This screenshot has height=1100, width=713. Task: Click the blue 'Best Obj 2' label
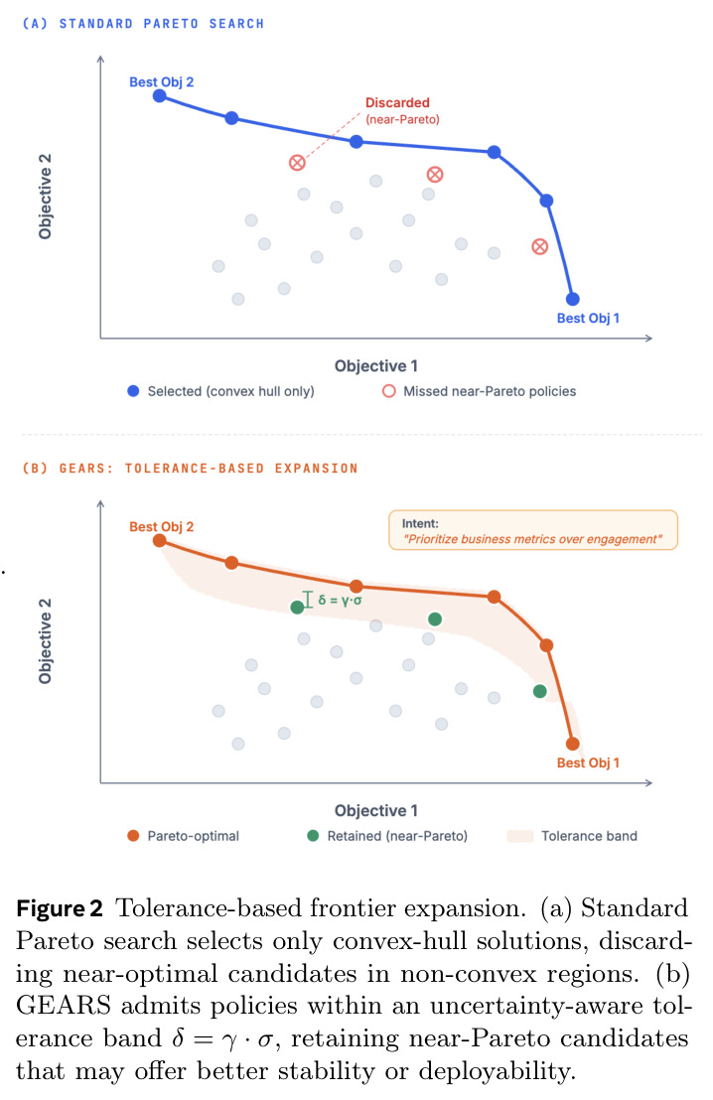coord(162,82)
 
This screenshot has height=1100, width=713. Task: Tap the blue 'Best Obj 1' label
coord(588,318)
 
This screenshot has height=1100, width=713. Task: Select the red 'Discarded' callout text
coord(397,102)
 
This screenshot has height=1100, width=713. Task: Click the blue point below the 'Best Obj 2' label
coord(160,96)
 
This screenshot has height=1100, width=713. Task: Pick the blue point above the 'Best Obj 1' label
coord(573,299)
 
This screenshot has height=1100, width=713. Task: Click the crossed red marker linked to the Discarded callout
coord(297,163)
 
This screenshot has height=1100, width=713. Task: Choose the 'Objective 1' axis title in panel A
coord(376,365)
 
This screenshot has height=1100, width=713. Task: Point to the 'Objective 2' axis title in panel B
coord(45,641)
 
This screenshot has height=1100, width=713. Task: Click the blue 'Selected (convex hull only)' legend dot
coord(133,391)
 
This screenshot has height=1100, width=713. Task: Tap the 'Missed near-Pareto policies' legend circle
coord(389,391)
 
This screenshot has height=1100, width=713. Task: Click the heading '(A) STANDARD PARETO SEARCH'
coord(143,24)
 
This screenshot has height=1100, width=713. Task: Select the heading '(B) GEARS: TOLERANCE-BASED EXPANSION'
coord(191,468)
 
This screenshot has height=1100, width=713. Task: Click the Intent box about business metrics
coord(533,530)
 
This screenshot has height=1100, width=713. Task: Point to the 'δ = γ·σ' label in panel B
coord(340,600)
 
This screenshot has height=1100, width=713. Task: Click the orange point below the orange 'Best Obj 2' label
coord(160,541)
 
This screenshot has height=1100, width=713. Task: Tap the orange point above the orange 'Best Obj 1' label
coord(573,744)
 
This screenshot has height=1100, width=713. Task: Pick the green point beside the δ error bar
coord(297,607)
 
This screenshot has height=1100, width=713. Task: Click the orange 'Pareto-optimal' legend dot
coord(133,836)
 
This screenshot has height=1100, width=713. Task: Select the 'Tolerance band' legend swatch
coord(520,836)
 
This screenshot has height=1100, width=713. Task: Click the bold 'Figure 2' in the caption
coord(60,908)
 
